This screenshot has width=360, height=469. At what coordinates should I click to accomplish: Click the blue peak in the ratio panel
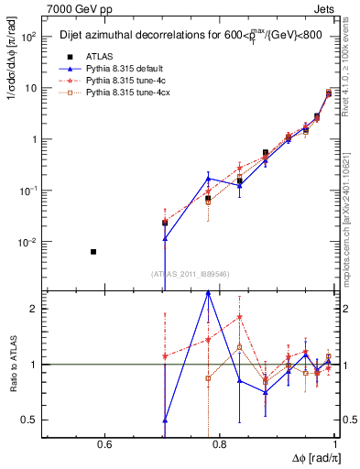coord(209,292)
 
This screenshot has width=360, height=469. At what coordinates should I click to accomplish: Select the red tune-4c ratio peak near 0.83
coord(239,318)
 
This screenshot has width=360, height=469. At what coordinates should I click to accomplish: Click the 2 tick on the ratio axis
coord(35,310)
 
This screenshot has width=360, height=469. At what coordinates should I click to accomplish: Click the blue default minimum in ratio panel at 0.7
coord(165,420)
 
